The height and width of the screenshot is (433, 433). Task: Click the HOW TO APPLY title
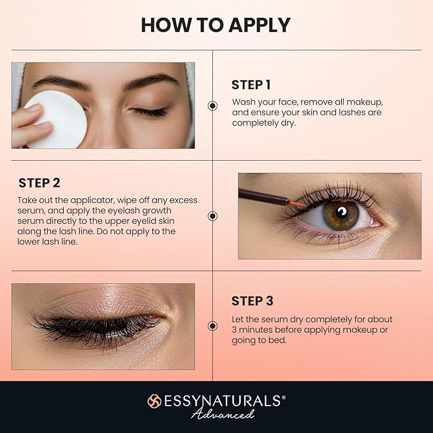pos(216,24)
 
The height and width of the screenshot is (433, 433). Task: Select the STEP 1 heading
pos(251,85)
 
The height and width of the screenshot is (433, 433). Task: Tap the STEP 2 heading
pos(39,183)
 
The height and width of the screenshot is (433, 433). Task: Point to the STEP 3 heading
pos(253,301)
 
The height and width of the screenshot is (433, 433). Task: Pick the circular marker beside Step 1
pos(212,106)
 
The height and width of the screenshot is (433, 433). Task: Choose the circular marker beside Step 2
pos(212,216)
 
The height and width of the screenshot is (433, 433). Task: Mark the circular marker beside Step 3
pos(212,326)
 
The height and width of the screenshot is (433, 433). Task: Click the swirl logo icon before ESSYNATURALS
pos(154,401)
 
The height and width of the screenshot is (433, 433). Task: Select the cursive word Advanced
pos(223,414)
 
